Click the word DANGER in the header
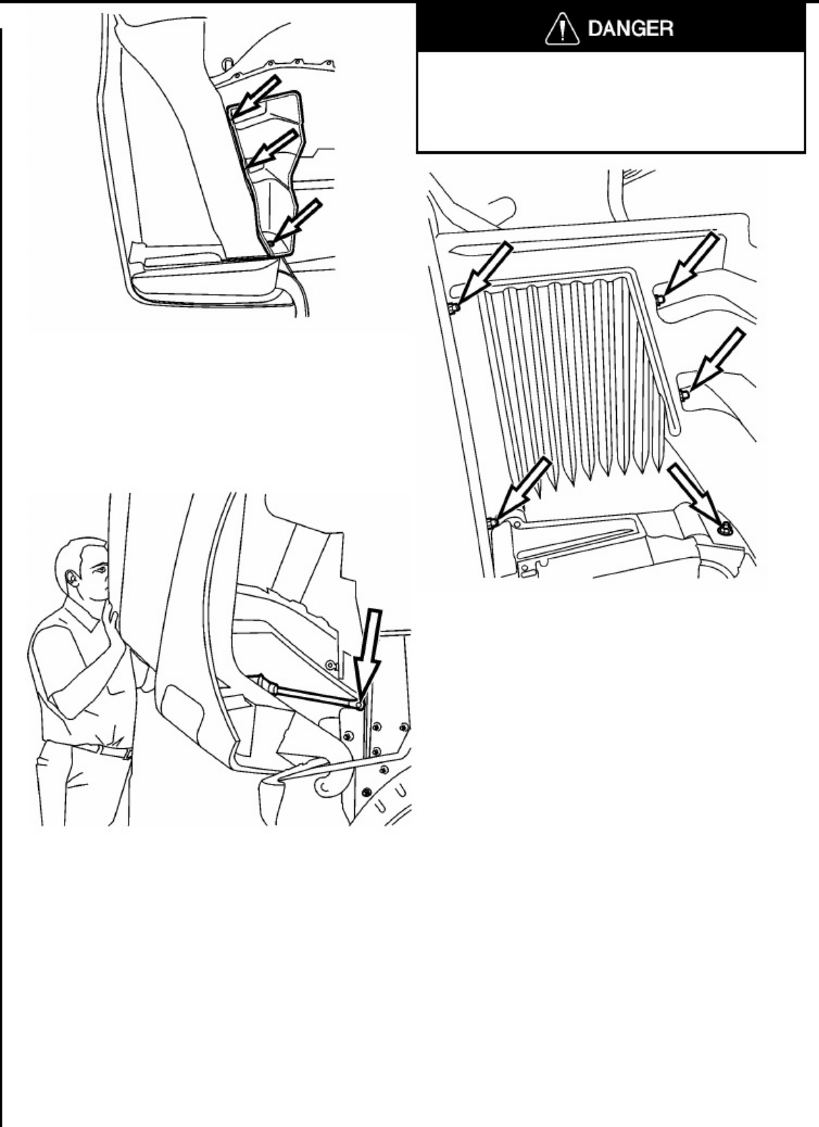click(x=630, y=28)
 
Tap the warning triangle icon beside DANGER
click(x=562, y=29)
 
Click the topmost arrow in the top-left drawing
click(x=257, y=97)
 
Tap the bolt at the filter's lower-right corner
click(x=725, y=528)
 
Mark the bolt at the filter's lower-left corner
click(x=493, y=523)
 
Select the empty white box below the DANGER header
click(x=611, y=101)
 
